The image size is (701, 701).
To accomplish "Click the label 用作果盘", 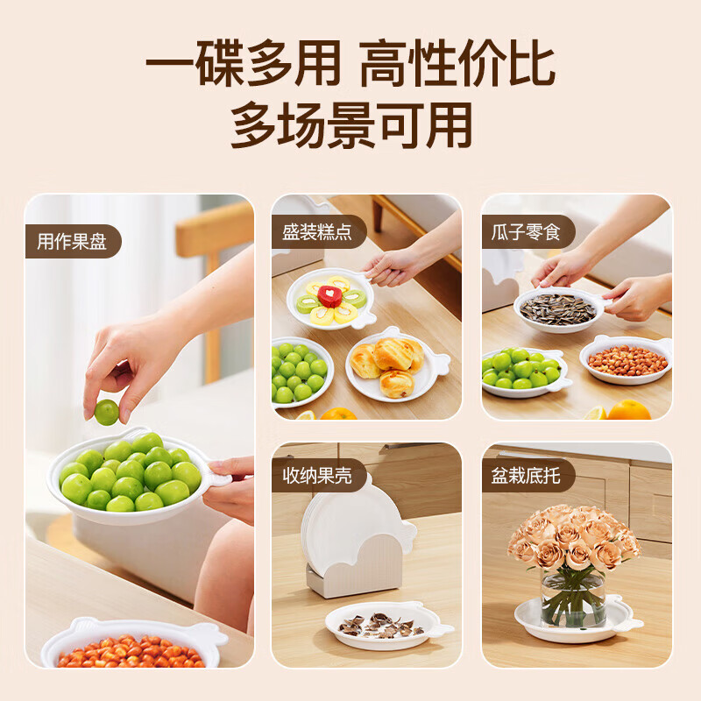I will pos(72,241).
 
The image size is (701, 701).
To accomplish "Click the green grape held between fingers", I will pos(107,412).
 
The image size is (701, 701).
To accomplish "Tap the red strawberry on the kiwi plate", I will pos(330,296).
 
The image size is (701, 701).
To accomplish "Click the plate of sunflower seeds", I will pos(558,309).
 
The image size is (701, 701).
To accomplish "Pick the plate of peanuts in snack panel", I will pos(627,359).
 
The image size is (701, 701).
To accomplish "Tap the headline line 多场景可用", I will pos(350,125).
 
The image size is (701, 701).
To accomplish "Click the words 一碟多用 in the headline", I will pos(243,66).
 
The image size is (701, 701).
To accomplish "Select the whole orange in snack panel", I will pos(628,410).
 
